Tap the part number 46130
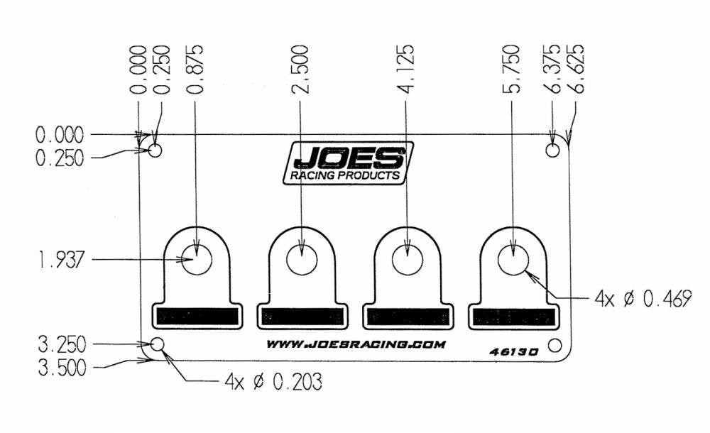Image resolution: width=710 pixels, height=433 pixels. click(x=515, y=351)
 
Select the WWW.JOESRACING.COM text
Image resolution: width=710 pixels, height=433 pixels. click(x=356, y=345)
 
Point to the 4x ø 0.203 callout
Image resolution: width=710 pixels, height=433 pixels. click(x=273, y=383)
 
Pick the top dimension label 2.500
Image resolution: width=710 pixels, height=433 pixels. click(x=302, y=70)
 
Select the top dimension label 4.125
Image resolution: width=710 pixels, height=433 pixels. click(x=406, y=70)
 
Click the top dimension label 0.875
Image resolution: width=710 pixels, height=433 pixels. click(x=195, y=70)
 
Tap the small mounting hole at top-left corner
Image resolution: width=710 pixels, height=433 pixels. click(x=155, y=150)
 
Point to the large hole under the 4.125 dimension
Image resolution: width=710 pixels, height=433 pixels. click(x=406, y=261)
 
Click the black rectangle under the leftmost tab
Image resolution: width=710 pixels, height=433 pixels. click(x=196, y=317)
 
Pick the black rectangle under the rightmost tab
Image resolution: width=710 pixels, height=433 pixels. click(x=513, y=317)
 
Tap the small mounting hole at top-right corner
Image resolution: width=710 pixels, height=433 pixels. click(x=553, y=150)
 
